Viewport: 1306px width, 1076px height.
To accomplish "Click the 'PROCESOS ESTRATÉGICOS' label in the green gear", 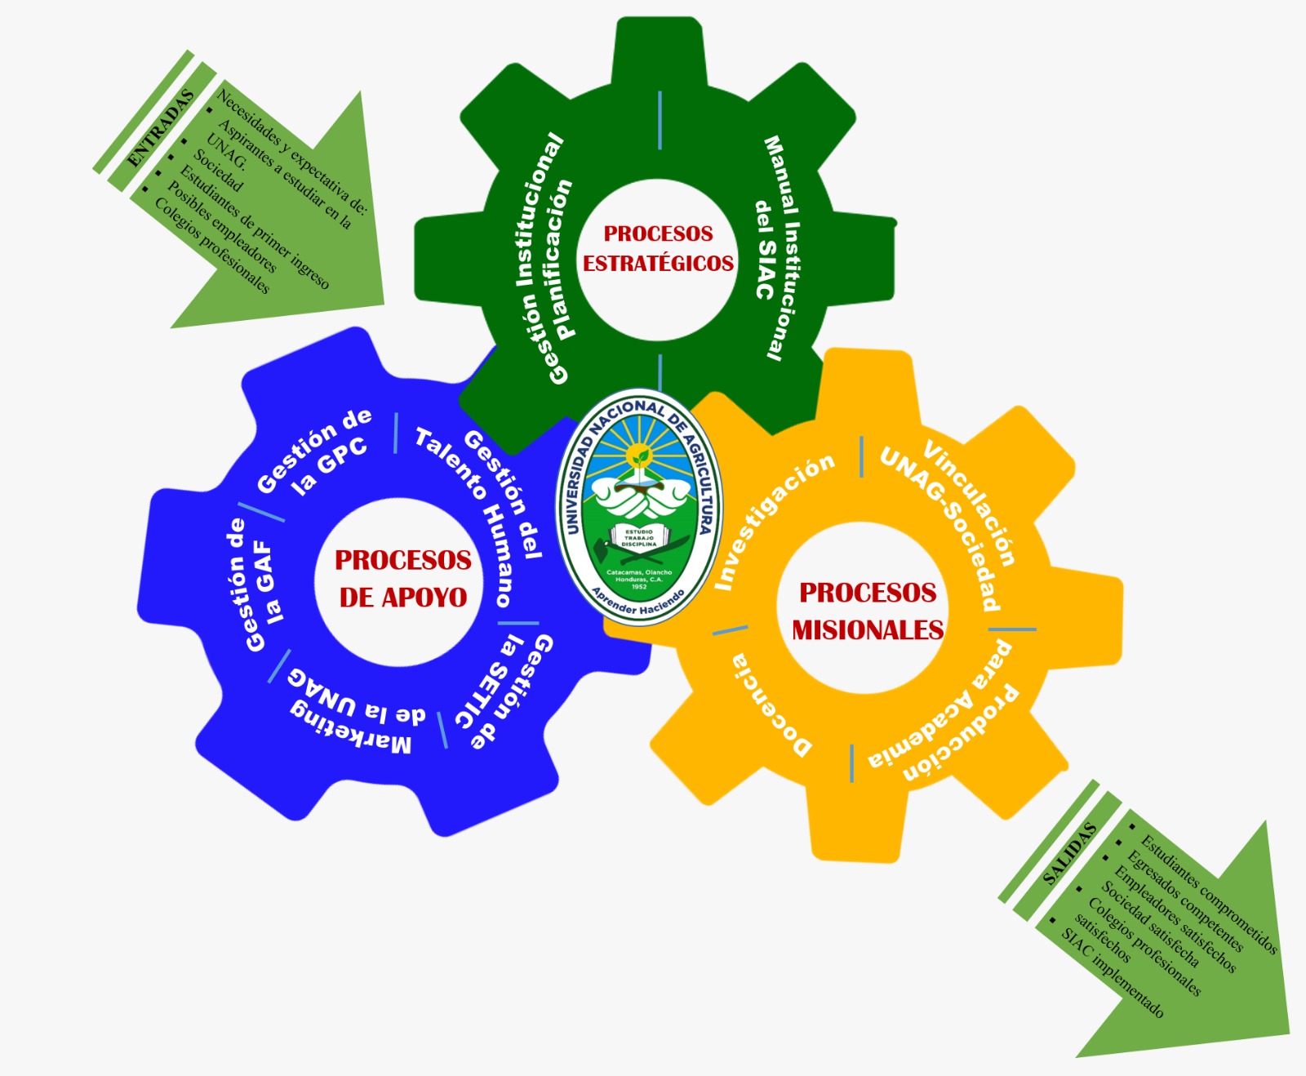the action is click(658, 248).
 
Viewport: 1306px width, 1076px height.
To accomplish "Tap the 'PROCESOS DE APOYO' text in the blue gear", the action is click(403, 579).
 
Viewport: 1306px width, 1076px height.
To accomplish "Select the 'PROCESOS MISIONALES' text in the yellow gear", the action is click(868, 611).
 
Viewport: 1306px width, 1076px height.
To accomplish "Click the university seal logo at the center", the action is click(639, 506).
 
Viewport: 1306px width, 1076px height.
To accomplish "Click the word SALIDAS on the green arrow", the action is click(1070, 855).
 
